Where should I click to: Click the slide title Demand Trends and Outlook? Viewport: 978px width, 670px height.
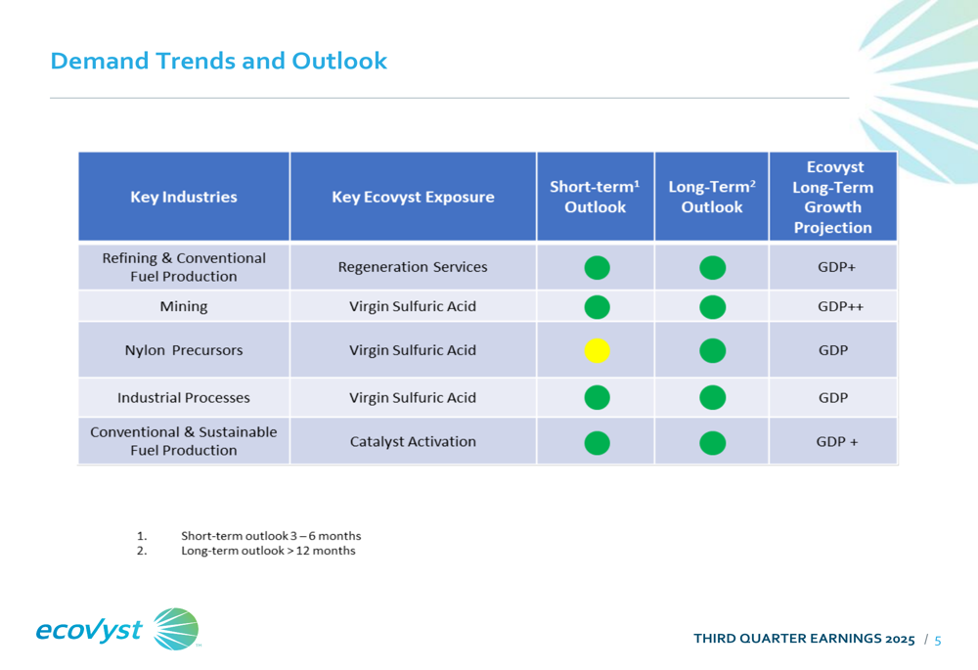[218, 61]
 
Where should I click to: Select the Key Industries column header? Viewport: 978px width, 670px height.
[184, 197]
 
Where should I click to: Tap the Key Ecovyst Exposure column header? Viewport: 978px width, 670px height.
[413, 197]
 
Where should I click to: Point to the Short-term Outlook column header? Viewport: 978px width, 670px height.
[595, 197]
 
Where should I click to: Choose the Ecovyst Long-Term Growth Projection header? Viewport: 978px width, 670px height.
[832, 197]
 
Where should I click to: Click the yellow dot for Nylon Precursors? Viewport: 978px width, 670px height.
[597, 350]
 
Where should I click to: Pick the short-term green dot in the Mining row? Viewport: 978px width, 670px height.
[597, 307]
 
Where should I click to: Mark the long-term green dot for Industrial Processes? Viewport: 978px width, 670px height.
[713, 397]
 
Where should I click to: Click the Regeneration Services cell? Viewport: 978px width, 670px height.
[413, 267]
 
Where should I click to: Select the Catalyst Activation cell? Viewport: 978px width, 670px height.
[413, 441]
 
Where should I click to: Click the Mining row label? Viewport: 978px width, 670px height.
[184, 306]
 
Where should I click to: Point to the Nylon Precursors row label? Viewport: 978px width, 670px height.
[184, 350]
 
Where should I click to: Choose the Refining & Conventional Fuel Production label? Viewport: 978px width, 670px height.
[184, 267]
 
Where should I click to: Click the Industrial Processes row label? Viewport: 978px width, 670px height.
[184, 398]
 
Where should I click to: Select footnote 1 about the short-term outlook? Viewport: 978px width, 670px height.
[270, 536]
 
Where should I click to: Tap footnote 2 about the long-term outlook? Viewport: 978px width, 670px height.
[268, 551]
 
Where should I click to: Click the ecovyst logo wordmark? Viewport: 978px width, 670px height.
[89, 629]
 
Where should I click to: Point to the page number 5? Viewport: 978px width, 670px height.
[938, 641]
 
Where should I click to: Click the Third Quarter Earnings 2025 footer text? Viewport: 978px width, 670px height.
[804, 640]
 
